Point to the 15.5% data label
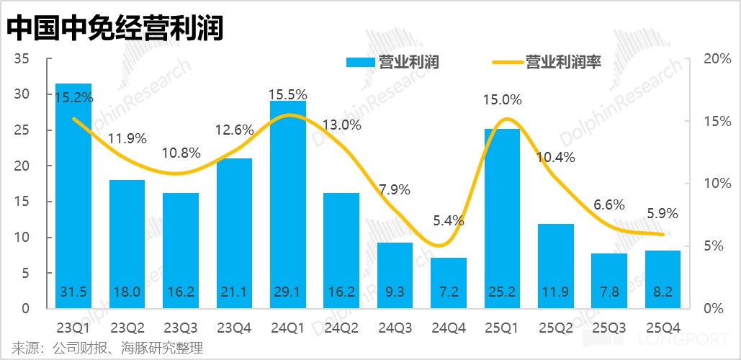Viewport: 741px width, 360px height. tap(287, 94)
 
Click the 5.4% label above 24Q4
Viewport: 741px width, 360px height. tap(449, 220)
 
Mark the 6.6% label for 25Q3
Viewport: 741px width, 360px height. tap(608, 205)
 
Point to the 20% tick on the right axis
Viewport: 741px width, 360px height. tap(715, 58)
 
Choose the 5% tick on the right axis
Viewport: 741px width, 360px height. tap(713, 246)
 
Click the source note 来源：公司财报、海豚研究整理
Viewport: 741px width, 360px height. tap(102, 348)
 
